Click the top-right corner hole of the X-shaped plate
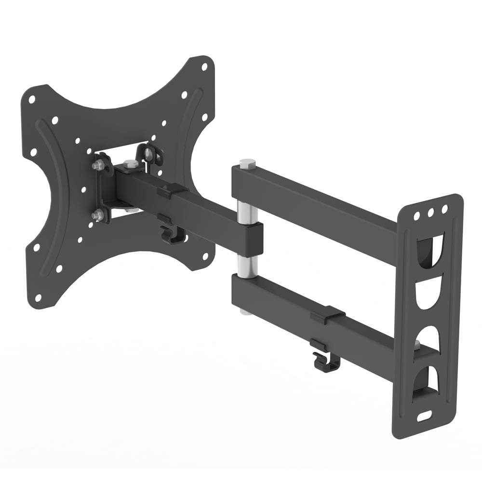204,67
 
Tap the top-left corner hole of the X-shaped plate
32,100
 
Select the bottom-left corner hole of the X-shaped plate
38,297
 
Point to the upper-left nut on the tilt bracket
98,165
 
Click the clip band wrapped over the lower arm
328,315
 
